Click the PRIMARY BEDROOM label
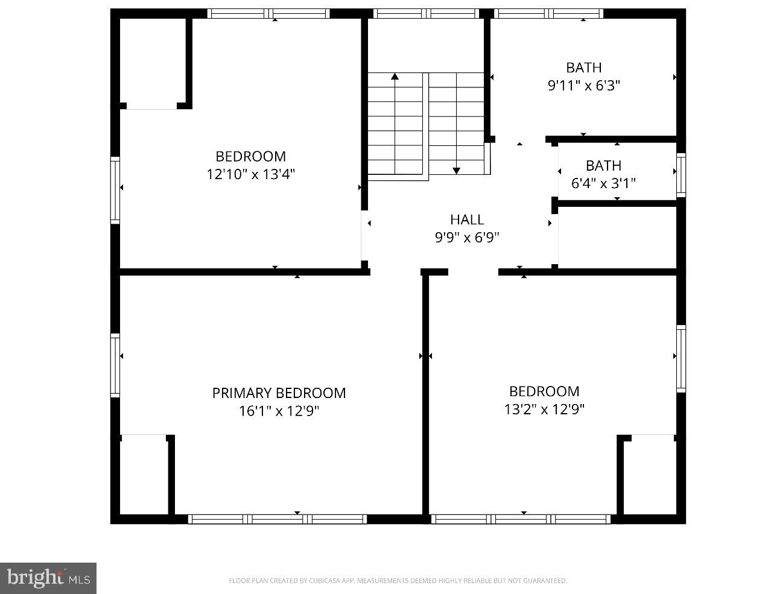(x=279, y=393)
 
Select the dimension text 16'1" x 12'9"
(x=279, y=411)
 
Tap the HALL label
(x=467, y=220)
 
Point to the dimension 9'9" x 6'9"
(x=467, y=238)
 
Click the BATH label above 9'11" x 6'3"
(x=583, y=68)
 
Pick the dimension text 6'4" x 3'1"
(x=603, y=183)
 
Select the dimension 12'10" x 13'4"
(x=250, y=174)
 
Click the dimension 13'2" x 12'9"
(x=544, y=409)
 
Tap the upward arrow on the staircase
(x=395, y=77)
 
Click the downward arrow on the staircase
(x=456, y=170)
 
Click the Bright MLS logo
(x=48, y=578)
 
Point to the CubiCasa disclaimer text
(x=398, y=581)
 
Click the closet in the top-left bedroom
(x=153, y=63)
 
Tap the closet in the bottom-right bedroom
(x=649, y=475)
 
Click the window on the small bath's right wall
(x=681, y=174)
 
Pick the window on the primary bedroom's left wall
(x=115, y=365)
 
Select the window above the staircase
(x=426, y=13)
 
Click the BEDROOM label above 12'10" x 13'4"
(x=250, y=157)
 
